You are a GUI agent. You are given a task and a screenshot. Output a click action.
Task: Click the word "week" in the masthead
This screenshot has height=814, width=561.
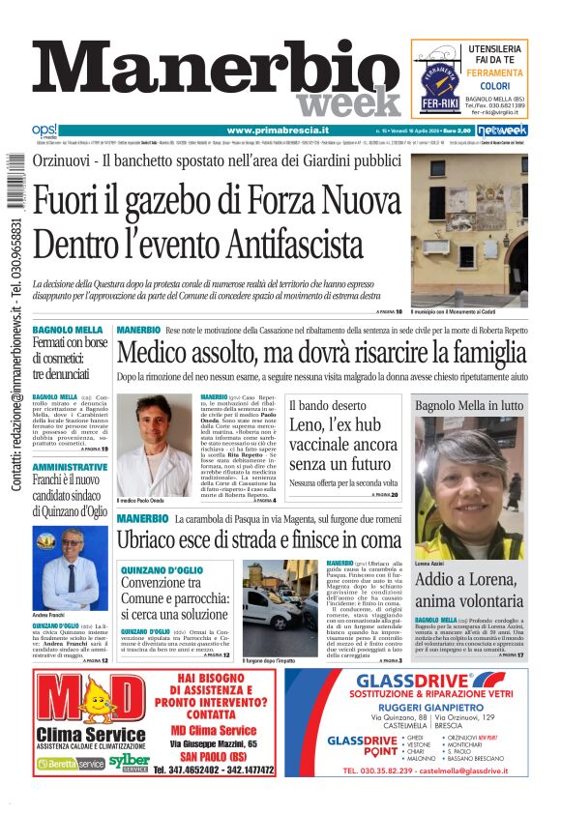coord(347,102)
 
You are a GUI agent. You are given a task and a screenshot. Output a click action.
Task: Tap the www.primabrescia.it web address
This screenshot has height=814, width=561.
coord(278,131)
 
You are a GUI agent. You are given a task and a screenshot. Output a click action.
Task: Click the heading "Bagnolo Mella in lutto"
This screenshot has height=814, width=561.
coord(469,405)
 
